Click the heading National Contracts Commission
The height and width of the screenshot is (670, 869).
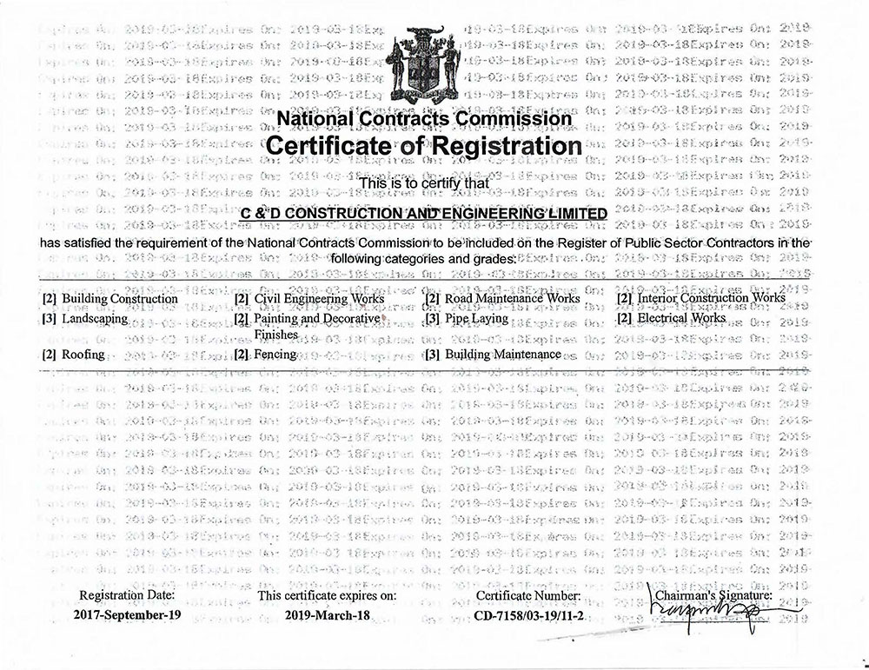424,118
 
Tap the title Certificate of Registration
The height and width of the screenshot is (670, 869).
423,144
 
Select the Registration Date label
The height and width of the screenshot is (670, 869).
127,595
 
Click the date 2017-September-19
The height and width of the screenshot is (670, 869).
127,616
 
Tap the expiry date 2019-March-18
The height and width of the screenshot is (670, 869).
328,616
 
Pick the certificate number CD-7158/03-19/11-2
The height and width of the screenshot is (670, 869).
528,616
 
